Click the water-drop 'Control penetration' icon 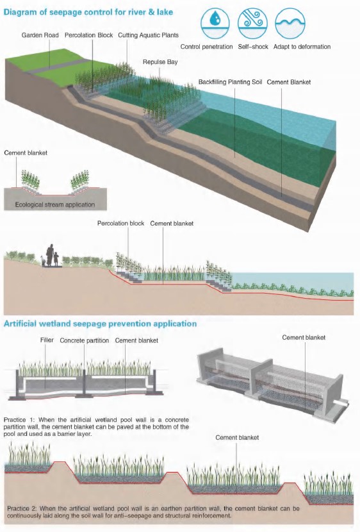click(x=215, y=24)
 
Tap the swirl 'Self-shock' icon click(x=252, y=24)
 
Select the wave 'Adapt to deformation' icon click(x=290, y=24)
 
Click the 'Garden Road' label click(x=40, y=35)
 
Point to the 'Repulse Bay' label click(x=160, y=62)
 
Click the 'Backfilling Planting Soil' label click(x=230, y=82)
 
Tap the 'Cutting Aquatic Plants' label click(x=148, y=35)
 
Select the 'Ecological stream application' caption click(x=55, y=204)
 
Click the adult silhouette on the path click(x=51, y=254)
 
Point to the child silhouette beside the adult click(x=56, y=258)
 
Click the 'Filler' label click(x=47, y=340)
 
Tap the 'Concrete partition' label click(x=85, y=340)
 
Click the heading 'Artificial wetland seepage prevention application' click(x=101, y=324)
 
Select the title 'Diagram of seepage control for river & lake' click(x=88, y=12)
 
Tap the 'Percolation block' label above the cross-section click(x=120, y=224)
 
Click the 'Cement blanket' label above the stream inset click(x=26, y=153)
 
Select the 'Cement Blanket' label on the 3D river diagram click(x=289, y=82)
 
